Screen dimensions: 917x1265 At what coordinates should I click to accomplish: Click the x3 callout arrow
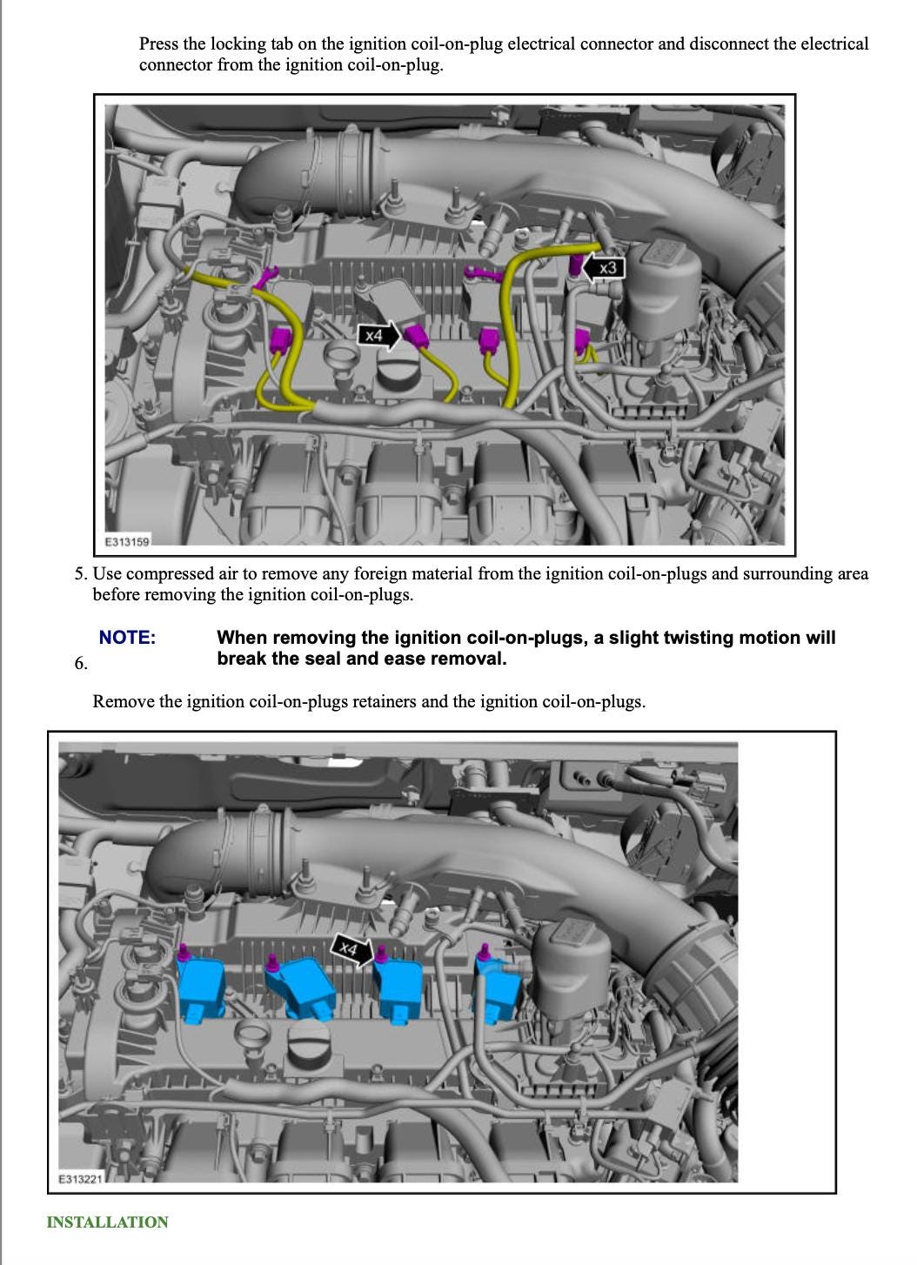603,268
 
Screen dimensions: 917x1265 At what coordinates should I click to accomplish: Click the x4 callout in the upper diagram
379,336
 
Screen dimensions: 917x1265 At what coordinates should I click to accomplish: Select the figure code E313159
127,541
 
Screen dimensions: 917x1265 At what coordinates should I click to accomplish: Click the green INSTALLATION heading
107,1222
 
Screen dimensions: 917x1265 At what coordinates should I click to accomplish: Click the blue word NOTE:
127,638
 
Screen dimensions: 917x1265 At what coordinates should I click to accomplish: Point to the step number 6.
81,663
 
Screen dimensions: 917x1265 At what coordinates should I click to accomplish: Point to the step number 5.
81,573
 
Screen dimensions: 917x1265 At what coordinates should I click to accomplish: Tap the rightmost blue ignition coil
498,989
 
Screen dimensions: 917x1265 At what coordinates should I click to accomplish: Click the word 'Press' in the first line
158,44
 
